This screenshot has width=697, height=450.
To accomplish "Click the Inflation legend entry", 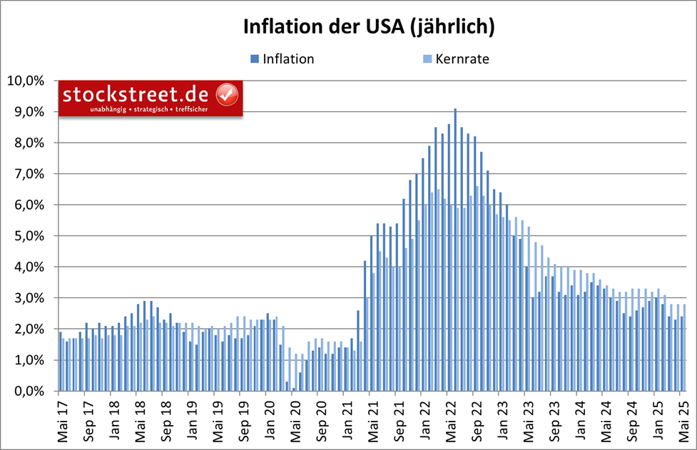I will [288, 59].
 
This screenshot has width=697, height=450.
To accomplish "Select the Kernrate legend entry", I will [462, 59].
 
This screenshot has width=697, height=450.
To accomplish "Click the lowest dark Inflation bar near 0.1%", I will [293, 389].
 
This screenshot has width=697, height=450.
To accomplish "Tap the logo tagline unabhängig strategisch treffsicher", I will [148, 110].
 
